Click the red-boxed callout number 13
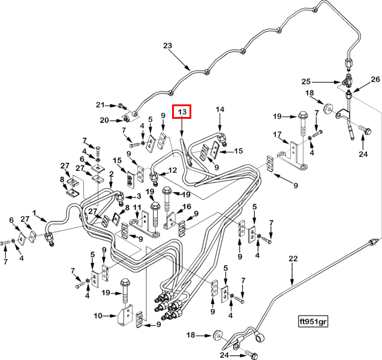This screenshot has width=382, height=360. click(x=182, y=112)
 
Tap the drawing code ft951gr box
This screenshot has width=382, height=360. click(x=313, y=322)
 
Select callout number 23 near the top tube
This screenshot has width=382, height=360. click(x=168, y=46)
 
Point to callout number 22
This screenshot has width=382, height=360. click(x=293, y=259)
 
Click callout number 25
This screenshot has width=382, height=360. click(x=306, y=82)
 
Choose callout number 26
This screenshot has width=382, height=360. click(x=375, y=79)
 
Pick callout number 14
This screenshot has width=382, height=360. click(x=219, y=109)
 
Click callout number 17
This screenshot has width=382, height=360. click(x=277, y=134)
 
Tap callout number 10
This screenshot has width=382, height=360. click(x=98, y=316)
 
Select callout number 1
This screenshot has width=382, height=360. click(x=34, y=213)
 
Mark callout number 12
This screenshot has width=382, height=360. click(x=173, y=170)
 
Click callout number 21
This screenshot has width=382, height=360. click(x=100, y=105)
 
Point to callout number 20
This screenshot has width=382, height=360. click(x=104, y=120)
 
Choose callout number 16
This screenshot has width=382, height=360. click(x=187, y=206)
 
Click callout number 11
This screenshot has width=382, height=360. click(x=137, y=208)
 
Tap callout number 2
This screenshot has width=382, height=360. click(x=112, y=174)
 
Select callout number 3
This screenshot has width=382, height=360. click(x=139, y=196)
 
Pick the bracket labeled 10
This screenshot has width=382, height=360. click(x=125, y=315)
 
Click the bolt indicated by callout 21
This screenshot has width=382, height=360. click(x=122, y=106)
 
